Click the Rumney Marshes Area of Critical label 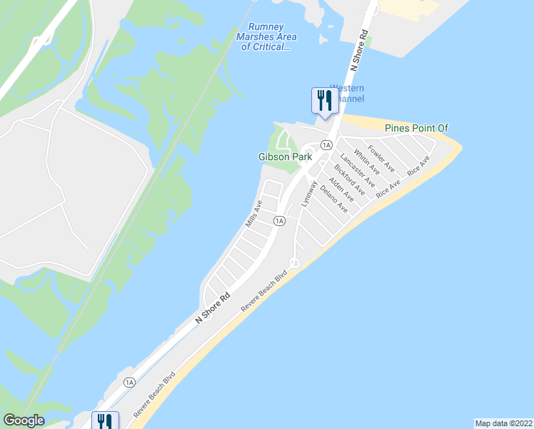point(265,38)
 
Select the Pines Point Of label point(416,128)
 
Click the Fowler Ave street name point(382,158)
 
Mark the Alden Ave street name point(341,189)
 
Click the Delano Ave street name point(333,199)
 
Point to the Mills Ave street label point(253,214)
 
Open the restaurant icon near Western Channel point(322,99)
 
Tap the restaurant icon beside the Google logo point(104,420)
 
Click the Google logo point(24,420)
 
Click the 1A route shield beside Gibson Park point(326,145)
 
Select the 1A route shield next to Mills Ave point(279,221)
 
